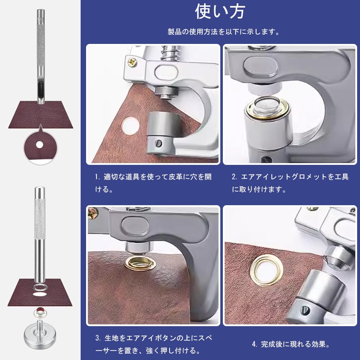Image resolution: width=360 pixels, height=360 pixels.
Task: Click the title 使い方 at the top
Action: click(x=220, y=12)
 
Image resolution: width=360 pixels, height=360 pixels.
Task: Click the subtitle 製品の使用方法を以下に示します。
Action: click(x=224, y=32)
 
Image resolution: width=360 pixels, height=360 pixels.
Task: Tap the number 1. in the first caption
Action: click(x=97, y=177)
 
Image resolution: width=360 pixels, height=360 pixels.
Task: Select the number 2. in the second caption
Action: click(x=234, y=177)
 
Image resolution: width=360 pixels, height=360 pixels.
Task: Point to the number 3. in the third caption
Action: click(x=98, y=339)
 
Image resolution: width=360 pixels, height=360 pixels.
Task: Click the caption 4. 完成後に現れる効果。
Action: click(x=291, y=344)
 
